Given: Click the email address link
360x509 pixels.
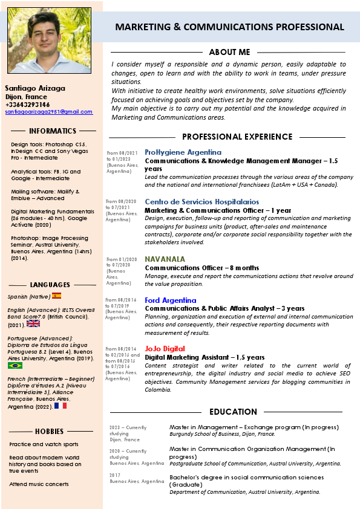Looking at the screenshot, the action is [49, 112].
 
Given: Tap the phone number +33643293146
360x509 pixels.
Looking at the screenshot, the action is [27, 105].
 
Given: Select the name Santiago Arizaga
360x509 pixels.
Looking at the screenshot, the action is [35, 88].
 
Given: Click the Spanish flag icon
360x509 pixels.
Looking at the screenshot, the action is [56, 296].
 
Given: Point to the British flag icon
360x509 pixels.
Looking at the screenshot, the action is [33, 324].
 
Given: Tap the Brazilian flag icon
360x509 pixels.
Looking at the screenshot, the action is [15, 366].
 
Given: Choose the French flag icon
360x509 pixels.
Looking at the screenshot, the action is [60, 406].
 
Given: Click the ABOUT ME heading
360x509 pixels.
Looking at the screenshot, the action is [229, 53].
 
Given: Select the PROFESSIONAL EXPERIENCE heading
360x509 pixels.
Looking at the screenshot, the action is [229, 137].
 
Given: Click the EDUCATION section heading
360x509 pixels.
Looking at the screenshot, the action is [233, 412].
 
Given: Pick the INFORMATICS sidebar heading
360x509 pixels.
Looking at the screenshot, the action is [53, 131].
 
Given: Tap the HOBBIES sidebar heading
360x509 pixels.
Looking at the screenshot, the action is [50, 432].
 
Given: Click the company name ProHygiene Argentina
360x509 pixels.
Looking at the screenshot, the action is [183, 152].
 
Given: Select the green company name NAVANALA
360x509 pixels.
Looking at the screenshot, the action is [165, 259].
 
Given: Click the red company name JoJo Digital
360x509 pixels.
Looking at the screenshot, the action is [165, 349].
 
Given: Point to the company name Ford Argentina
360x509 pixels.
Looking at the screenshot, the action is [170, 300].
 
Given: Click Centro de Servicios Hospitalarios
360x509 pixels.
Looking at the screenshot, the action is [201, 202].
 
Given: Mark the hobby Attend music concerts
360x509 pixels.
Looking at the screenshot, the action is [39, 484].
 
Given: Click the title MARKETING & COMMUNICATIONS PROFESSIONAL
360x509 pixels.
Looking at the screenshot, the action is [229, 27].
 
